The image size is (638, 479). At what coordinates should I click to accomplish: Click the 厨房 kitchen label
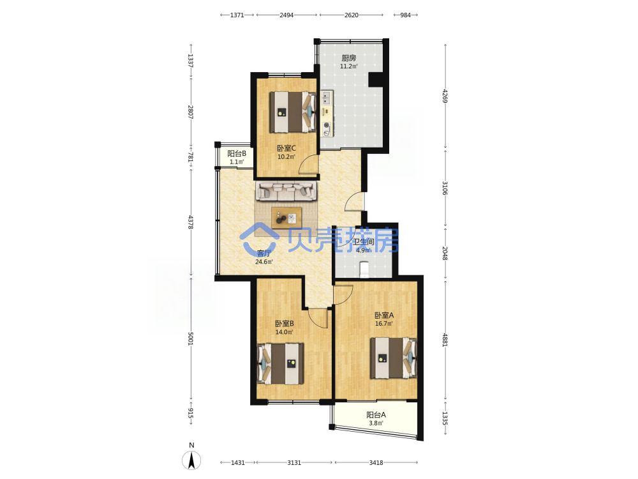[349, 58]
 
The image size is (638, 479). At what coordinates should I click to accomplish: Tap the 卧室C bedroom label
[286, 148]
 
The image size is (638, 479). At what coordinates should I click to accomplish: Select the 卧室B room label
[285, 324]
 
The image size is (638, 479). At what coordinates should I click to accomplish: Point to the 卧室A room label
[384, 316]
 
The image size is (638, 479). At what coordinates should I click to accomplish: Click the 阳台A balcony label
[376, 415]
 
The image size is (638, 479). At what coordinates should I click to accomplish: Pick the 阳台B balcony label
[237, 153]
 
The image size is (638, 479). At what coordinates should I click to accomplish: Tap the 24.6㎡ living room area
[264, 262]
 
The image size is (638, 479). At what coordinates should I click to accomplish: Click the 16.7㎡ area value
[384, 324]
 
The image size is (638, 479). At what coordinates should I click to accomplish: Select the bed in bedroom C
[293, 112]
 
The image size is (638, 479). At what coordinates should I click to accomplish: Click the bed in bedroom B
[281, 364]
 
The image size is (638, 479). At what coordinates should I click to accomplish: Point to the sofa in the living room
[286, 191]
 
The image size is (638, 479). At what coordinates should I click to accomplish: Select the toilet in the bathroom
[364, 270]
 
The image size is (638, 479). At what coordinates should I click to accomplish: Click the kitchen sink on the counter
[326, 97]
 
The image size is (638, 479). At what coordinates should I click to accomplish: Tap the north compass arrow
[191, 460]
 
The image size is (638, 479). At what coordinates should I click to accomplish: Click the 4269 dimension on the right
[445, 96]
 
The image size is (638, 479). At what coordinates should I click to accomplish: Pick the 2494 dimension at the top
[286, 15]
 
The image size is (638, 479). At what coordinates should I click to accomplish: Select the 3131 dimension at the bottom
[294, 462]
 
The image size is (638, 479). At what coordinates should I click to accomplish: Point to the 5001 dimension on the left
[190, 338]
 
